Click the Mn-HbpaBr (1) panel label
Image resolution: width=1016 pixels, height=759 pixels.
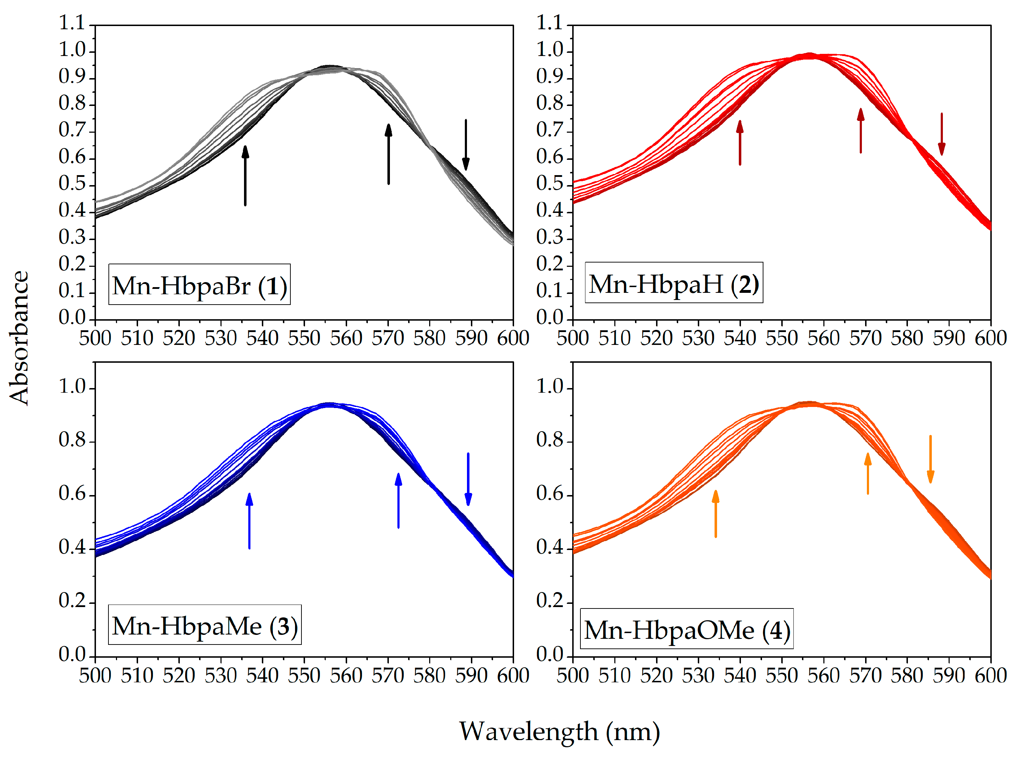click(x=199, y=285)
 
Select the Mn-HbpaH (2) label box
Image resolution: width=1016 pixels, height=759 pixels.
click(x=674, y=283)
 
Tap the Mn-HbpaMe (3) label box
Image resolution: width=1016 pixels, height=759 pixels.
click(x=205, y=625)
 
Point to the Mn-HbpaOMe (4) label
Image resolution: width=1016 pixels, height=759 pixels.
click(x=686, y=629)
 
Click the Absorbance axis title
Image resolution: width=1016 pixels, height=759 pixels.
click(x=19, y=338)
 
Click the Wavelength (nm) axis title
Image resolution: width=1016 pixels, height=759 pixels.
click(x=559, y=732)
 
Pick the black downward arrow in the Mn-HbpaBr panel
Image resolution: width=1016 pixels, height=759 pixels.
click(x=466, y=145)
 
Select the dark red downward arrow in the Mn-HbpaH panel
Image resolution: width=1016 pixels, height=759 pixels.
click(x=941, y=134)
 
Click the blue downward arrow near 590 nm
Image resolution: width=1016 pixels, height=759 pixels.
click(x=468, y=479)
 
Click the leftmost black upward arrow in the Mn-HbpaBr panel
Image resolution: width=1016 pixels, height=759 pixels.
click(x=245, y=175)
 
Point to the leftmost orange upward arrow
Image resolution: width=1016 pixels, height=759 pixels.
click(x=716, y=513)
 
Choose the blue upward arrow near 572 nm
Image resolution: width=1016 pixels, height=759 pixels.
click(x=398, y=500)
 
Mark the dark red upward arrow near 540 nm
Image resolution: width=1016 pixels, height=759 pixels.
click(x=740, y=142)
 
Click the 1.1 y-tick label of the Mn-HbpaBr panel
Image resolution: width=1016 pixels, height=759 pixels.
click(x=72, y=23)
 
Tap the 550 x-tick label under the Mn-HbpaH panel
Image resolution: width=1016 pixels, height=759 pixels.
click(x=781, y=338)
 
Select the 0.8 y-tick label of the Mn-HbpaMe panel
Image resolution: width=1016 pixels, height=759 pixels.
click(x=72, y=440)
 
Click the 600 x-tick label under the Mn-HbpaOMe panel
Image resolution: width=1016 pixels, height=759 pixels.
click(x=991, y=676)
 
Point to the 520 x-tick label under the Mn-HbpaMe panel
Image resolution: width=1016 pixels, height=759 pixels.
click(x=179, y=676)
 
